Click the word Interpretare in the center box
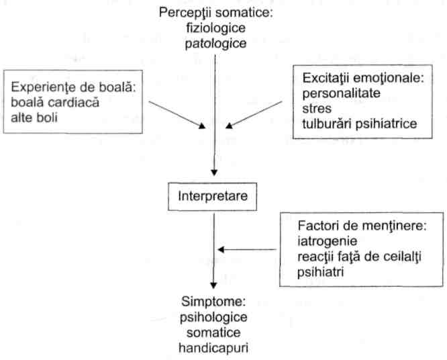[213, 197]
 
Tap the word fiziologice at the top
[216, 28]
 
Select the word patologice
[215, 44]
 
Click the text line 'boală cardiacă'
[55, 102]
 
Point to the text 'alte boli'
[34, 118]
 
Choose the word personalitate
[341, 93]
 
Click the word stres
[317, 109]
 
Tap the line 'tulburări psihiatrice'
[360, 124]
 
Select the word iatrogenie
[328, 241]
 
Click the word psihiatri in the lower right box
[320, 272]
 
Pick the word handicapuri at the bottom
[213, 348]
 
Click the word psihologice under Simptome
[213, 318]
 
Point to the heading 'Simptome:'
[213, 302]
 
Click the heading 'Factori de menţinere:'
[362, 226]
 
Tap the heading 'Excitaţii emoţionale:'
[363, 78]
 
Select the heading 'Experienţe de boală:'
[73, 87]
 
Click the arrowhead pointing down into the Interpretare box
[214, 173]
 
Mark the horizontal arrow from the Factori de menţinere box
[247, 250]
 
